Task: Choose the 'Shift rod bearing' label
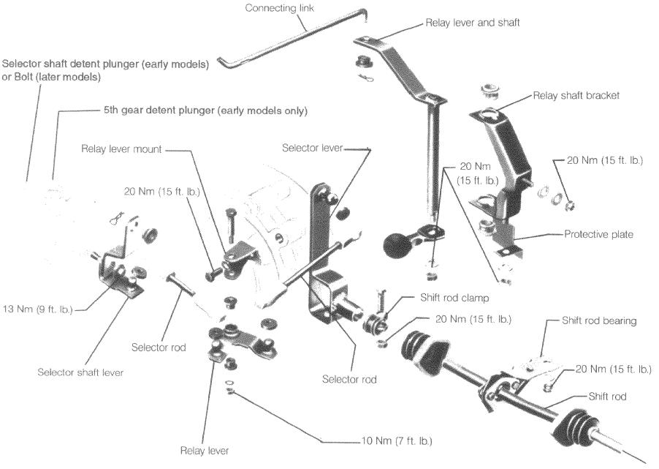[x=599, y=320]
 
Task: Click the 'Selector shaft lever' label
[x=80, y=372]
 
